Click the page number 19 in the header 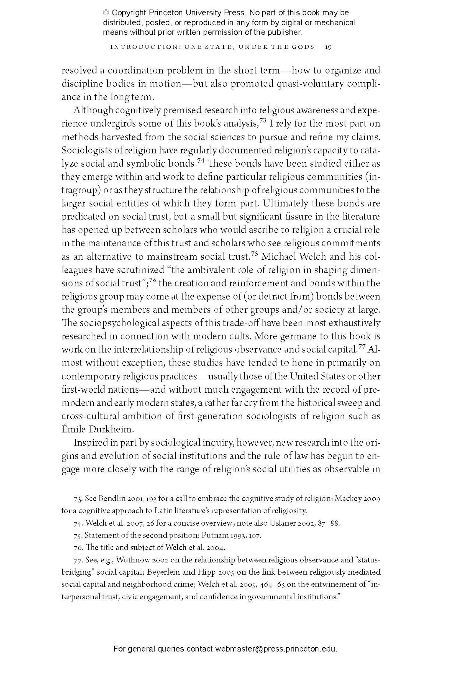coord(328,47)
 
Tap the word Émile coord(74,429)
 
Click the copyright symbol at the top coord(106,13)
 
